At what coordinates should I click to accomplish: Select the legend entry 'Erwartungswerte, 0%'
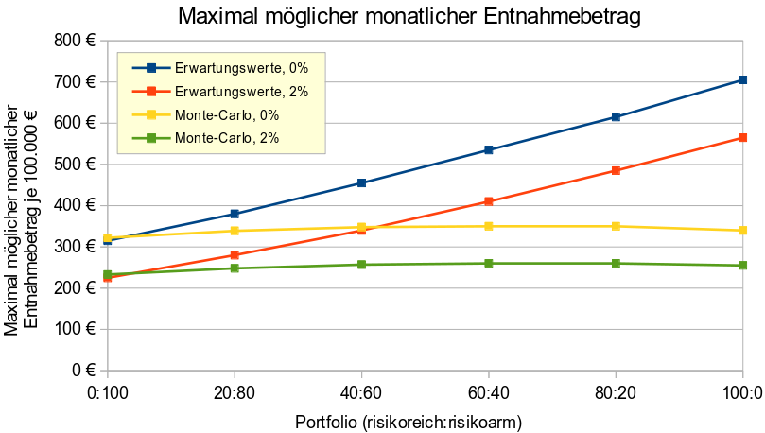(x=242, y=68)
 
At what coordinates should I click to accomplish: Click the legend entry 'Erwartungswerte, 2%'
(x=242, y=92)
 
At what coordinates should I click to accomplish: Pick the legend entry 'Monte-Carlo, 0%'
(x=228, y=115)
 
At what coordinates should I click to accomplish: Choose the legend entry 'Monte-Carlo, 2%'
(x=228, y=139)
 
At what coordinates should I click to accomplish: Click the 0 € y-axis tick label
(x=85, y=371)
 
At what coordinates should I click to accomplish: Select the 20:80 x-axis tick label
(x=234, y=392)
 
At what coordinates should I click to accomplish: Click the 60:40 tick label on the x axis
(x=488, y=392)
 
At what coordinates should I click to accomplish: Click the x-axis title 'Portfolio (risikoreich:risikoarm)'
(x=409, y=421)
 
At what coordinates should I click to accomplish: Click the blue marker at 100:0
(x=743, y=80)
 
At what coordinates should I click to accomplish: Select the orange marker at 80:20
(x=616, y=171)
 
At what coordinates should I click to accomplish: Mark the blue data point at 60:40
(x=489, y=150)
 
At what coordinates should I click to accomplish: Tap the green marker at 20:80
(x=234, y=268)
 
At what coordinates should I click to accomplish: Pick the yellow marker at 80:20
(x=616, y=226)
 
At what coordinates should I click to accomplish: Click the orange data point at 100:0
(x=743, y=138)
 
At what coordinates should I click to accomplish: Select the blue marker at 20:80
(x=234, y=214)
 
